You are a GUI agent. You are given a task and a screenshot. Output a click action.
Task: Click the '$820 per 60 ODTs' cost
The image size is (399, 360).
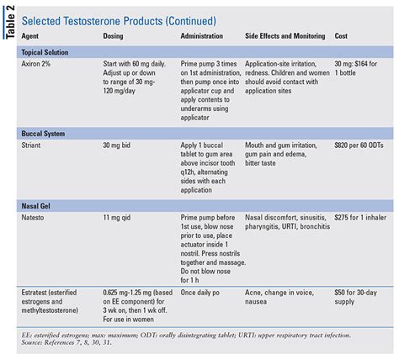363,146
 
